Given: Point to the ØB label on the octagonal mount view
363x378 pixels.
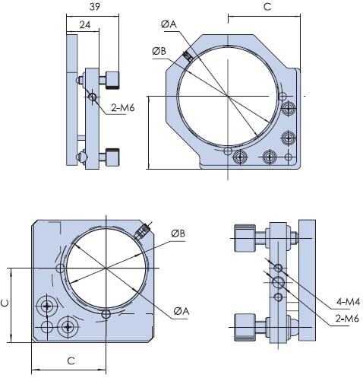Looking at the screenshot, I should [159, 51].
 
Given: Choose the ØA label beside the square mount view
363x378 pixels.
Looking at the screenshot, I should [181, 311].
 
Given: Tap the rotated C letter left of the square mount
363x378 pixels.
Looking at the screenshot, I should [6, 303].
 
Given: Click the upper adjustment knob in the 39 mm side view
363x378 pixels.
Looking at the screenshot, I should [112, 79].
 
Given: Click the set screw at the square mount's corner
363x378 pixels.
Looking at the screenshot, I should [143, 229].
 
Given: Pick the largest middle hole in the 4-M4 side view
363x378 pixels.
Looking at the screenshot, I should [279, 282].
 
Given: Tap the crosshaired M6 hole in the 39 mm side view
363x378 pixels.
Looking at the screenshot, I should [92, 97].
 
